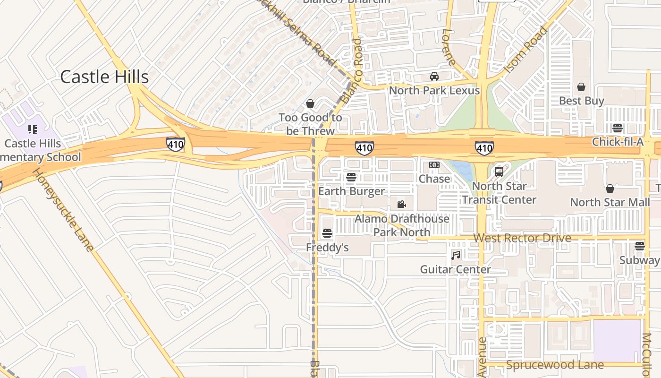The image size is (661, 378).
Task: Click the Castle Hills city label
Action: (104, 77)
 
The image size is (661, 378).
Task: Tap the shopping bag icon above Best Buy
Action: (581, 87)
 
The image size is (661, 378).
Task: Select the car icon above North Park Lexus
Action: (434, 77)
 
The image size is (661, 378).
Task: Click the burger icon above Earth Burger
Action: (351, 177)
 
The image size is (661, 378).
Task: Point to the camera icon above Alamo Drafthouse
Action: (401, 204)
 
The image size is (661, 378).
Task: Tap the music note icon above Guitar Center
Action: (456, 255)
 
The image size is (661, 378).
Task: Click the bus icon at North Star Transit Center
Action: (499, 172)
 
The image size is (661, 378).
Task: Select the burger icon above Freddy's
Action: (327, 233)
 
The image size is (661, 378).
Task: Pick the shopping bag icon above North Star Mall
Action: (610, 189)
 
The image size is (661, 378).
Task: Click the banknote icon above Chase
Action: (434, 165)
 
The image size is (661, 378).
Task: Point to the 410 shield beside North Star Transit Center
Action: (484, 148)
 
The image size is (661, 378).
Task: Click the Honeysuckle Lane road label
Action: (62, 210)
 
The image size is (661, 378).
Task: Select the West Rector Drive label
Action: (522, 238)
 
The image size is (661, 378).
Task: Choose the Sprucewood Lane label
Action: (555, 365)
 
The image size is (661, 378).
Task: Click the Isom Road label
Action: (525, 50)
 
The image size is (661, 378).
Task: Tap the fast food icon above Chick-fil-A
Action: (617, 128)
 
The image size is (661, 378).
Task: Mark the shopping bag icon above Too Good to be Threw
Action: (310, 103)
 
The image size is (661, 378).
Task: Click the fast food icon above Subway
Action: (639, 246)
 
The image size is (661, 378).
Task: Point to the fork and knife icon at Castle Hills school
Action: (33, 129)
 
